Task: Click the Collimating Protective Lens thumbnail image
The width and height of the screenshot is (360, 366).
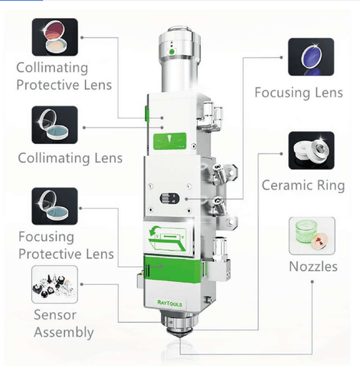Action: (x=55, y=37)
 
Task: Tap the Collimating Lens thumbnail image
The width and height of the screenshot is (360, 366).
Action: (x=55, y=125)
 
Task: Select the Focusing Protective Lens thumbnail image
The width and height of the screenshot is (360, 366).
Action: (x=55, y=206)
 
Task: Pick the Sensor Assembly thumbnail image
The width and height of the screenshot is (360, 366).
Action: (x=55, y=285)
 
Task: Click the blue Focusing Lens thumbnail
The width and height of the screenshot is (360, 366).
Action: (x=311, y=57)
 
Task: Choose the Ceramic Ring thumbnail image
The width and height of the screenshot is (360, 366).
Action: (x=312, y=151)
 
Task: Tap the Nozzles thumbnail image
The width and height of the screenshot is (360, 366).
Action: (x=312, y=235)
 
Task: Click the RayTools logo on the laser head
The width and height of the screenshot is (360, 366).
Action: (x=170, y=303)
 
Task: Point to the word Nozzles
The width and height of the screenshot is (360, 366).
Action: (x=314, y=266)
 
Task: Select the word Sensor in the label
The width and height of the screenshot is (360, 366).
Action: (x=55, y=315)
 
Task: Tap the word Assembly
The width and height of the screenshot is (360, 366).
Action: (x=64, y=332)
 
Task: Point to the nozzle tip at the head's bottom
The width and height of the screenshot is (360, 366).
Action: (x=179, y=336)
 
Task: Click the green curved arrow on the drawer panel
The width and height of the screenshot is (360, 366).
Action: (x=154, y=231)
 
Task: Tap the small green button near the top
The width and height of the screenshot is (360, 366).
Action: (x=172, y=52)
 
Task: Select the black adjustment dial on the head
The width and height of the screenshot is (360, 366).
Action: (x=170, y=198)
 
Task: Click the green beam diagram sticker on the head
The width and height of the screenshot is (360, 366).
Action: (x=170, y=141)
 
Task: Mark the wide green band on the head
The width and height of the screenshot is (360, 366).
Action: (x=173, y=268)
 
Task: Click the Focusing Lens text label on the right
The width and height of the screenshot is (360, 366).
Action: (x=299, y=93)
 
